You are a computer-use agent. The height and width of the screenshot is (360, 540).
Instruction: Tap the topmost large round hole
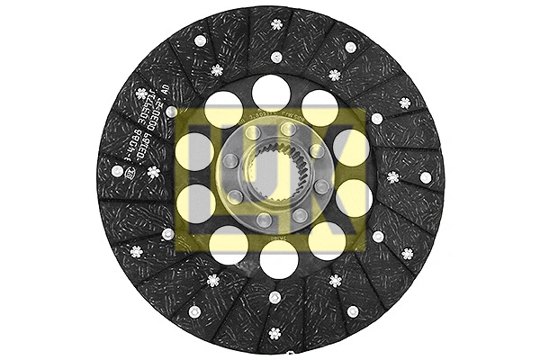(x=269, y=91)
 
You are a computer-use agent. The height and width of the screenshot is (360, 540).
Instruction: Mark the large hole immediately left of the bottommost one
(x=229, y=243)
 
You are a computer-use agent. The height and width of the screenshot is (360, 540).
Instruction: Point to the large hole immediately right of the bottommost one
(x=326, y=240)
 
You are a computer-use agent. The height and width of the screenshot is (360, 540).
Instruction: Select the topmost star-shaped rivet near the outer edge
(x=275, y=23)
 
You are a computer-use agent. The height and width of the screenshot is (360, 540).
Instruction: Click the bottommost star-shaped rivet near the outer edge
(x=274, y=335)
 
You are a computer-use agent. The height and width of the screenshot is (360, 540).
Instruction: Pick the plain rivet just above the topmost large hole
(x=276, y=57)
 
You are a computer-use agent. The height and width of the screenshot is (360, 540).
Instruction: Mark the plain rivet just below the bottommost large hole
(x=274, y=298)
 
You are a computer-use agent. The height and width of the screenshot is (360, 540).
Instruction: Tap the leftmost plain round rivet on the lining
(x=116, y=171)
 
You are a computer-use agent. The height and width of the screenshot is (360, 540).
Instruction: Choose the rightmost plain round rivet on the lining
(x=426, y=177)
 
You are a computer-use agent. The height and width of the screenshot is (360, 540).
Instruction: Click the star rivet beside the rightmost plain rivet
(x=393, y=176)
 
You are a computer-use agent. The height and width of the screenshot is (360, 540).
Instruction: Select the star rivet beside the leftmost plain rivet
(x=153, y=171)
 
